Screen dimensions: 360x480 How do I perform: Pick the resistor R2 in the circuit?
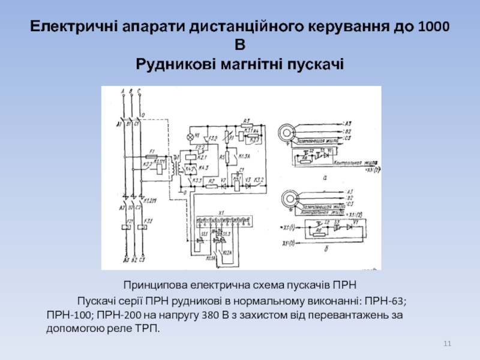[211, 187]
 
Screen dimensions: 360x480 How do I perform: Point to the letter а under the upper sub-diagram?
[325, 178]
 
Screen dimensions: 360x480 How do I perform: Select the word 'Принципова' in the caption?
[155, 284]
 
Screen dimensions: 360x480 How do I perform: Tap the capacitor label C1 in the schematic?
[242, 170]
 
